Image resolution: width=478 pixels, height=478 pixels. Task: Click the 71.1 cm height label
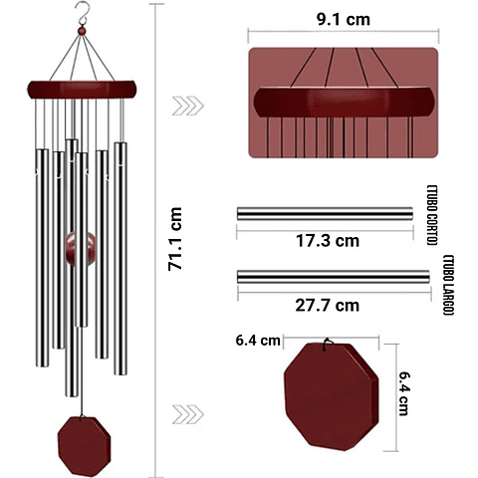pos(176,239)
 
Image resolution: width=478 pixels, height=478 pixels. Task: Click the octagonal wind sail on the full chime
pos(81,439)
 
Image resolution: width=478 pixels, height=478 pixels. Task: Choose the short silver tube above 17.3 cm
pos(324,214)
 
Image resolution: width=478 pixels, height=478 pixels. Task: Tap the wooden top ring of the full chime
pos(81,91)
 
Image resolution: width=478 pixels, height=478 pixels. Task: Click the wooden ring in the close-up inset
pos(344,103)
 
